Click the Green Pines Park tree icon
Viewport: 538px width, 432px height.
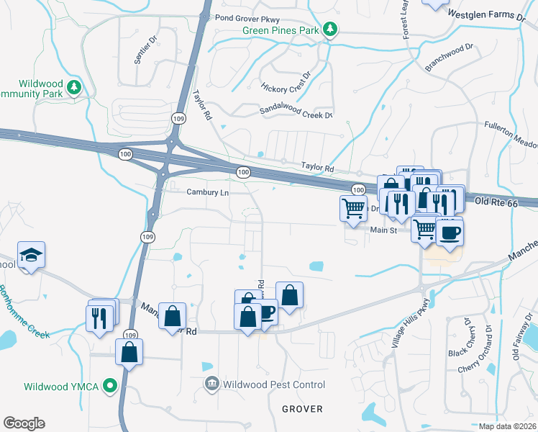pyautogui.click(x=330, y=29)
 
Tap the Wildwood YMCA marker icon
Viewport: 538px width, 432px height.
pyautogui.click(x=111, y=387)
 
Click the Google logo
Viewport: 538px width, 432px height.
pyautogui.click(x=24, y=423)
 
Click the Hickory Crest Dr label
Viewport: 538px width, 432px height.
pyautogui.click(x=286, y=84)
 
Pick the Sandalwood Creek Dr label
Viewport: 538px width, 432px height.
pyautogui.click(x=296, y=112)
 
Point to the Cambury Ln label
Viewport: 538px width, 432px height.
pyautogui.click(x=207, y=192)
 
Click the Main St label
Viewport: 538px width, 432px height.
pyautogui.click(x=383, y=230)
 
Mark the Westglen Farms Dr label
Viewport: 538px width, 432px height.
pyautogui.click(x=488, y=14)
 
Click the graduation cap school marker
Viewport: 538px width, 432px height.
pyautogui.click(x=31, y=255)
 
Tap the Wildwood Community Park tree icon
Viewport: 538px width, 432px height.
pyautogui.click(x=73, y=87)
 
